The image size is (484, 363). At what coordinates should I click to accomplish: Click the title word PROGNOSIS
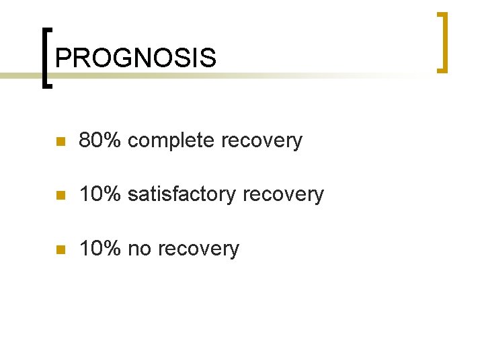click(136, 58)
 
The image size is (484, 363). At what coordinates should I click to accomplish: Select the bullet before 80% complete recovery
click(59, 142)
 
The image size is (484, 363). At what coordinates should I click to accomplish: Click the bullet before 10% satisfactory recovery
click(59, 196)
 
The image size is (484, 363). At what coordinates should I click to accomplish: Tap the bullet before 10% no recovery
click(59, 250)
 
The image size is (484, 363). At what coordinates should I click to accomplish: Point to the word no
click(139, 249)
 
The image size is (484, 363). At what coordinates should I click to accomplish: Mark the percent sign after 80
click(112, 140)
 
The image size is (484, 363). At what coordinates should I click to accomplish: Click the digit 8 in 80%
click(85, 140)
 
